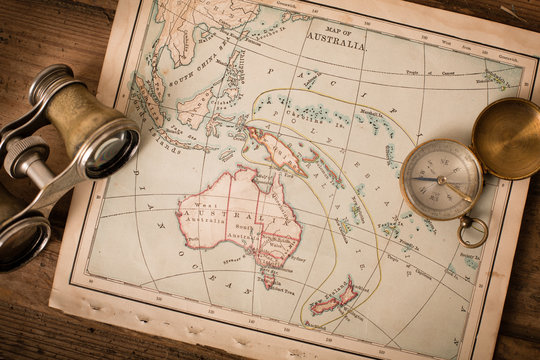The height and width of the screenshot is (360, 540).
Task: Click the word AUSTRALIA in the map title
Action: tap(336, 41)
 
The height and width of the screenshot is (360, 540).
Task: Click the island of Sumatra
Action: tap(150, 105)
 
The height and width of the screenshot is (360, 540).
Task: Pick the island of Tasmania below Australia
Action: tap(268, 281)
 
